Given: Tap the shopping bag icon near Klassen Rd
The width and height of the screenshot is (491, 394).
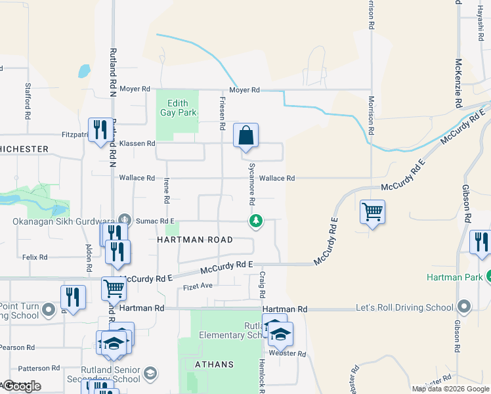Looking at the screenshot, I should click(246, 136).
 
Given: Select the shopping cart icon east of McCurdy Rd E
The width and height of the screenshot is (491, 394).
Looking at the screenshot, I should click(372, 212).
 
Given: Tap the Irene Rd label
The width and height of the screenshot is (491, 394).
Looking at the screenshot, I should click(167, 190).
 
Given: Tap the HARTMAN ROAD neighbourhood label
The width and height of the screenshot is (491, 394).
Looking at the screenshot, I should click(195, 240).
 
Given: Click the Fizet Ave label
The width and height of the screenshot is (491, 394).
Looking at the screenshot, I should click(198, 286).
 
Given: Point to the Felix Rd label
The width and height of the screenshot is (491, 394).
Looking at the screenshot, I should click(33, 258).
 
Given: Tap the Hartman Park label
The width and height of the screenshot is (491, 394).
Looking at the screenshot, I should click(452, 277).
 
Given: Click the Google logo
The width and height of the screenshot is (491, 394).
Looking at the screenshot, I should click(22, 386).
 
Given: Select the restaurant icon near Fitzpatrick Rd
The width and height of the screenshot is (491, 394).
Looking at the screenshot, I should click(100, 129).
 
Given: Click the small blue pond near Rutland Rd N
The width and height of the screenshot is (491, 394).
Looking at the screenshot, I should click(84, 70).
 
